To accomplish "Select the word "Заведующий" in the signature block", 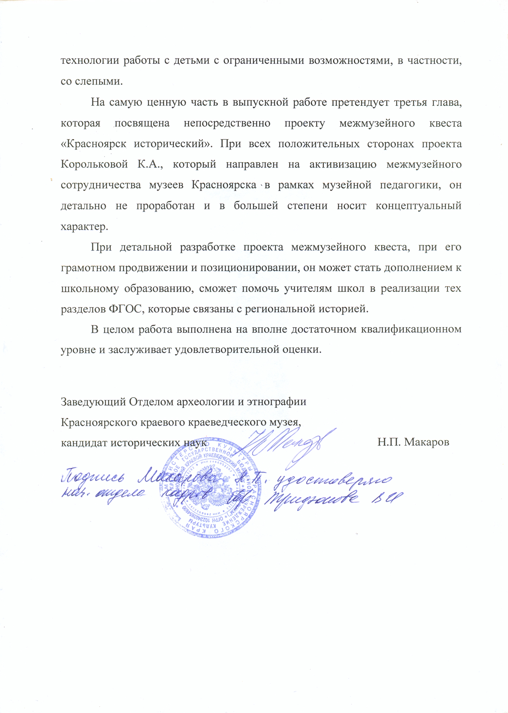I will [93, 402].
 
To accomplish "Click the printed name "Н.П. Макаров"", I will [413, 442].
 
